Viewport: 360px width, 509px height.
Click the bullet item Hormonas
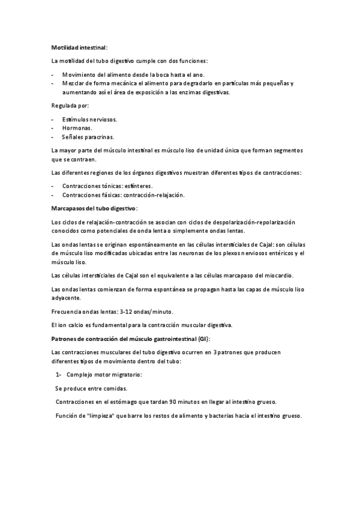(x=77, y=128)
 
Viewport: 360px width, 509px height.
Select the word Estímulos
(x=74, y=119)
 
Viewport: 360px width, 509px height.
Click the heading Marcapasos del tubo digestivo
(x=95, y=208)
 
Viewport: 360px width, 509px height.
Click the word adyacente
(x=67, y=298)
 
